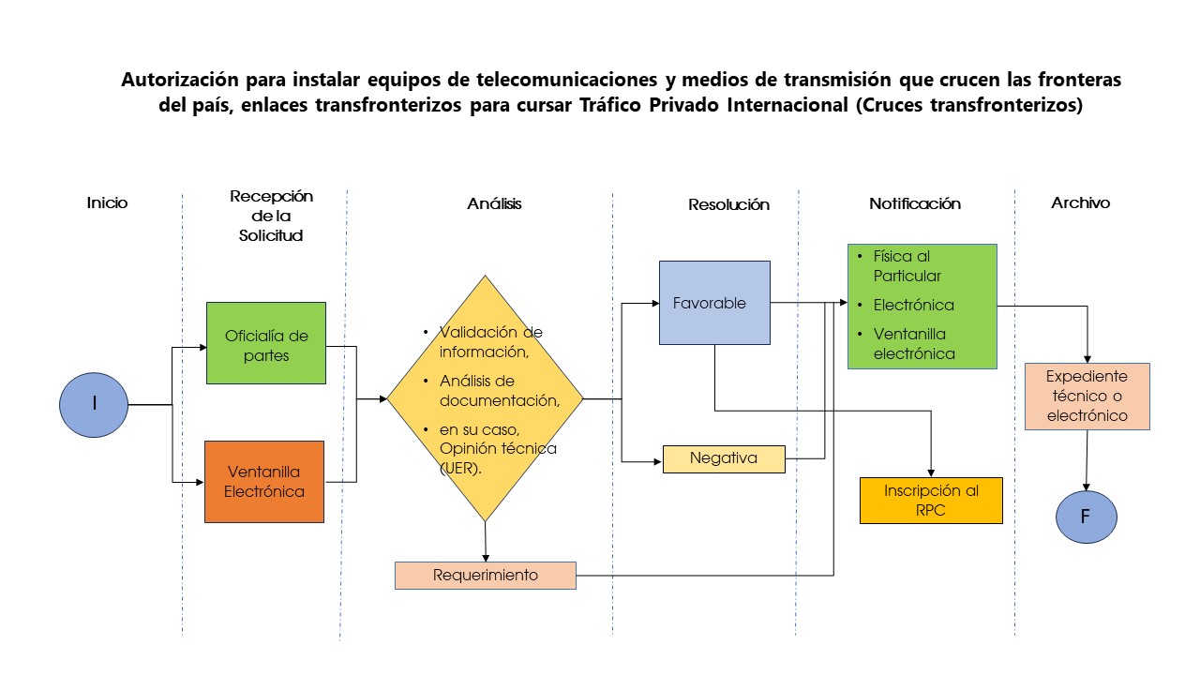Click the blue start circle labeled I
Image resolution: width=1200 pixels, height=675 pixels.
(x=94, y=405)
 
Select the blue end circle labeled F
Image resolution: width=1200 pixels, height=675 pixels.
(x=1087, y=517)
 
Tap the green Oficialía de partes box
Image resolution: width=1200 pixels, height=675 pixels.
(x=266, y=343)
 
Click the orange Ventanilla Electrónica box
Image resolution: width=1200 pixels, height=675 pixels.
(x=264, y=482)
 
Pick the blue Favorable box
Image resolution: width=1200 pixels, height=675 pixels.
(x=714, y=303)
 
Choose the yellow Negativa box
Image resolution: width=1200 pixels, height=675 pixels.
(x=724, y=459)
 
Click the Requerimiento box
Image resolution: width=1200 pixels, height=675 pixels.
(x=486, y=576)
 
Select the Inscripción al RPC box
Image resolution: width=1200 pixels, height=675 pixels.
(x=931, y=501)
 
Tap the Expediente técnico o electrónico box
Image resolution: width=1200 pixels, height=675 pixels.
(x=1087, y=397)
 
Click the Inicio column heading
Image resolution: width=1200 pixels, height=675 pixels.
(x=107, y=203)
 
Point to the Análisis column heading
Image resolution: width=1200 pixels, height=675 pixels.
(x=494, y=203)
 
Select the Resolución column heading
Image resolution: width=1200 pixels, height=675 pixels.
(x=728, y=204)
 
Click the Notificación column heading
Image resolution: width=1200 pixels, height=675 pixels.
(x=915, y=203)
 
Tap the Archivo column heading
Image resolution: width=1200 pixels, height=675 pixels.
(x=1081, y=202)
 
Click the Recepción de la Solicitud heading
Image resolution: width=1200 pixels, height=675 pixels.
(x=271, y=216)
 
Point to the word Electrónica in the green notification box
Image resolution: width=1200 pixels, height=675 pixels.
(x=914, y=306)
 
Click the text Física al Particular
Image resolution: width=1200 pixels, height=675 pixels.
(x=907, y=266)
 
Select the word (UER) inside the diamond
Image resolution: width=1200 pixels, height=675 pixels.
(x=460, y=468)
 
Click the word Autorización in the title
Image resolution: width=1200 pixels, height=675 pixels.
(x=180, y=80)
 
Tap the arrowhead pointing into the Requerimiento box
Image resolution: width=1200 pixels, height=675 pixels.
(x=486, y=558)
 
